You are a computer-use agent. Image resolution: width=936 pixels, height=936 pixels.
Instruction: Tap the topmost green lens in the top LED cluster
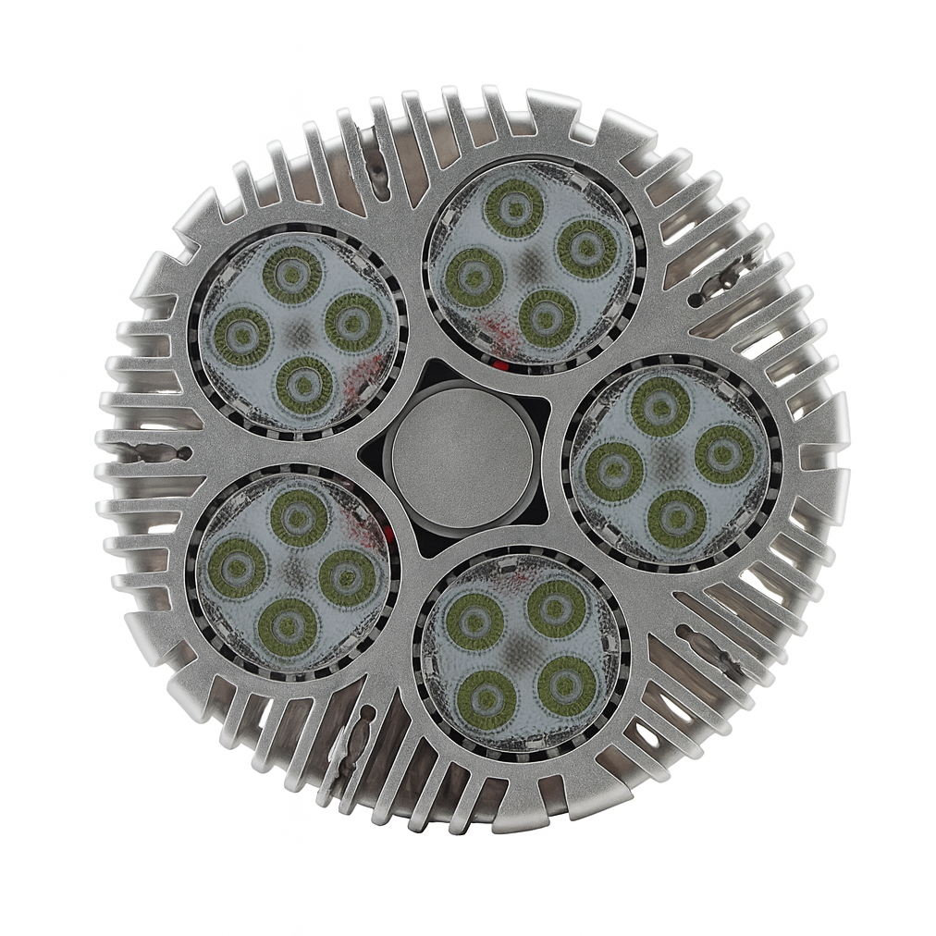click(513, 208)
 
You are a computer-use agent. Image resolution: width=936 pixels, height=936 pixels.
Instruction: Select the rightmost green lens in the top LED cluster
click(587, 247)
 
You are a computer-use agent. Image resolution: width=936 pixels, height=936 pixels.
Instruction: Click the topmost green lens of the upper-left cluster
click(292, 274)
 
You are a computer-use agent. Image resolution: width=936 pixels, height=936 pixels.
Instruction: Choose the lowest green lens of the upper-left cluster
click(304, 385)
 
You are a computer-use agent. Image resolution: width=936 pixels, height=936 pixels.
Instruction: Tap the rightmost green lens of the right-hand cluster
click(724, 454)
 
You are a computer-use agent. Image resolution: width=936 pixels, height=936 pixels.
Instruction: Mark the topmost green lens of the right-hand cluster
click(659, 406)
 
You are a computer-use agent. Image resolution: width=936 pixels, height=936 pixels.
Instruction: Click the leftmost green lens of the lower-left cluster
click(236, 568)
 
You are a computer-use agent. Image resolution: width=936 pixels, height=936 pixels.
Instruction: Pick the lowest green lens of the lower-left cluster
click(287, 627)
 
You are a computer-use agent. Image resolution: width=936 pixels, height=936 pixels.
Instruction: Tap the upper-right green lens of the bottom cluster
click(556, 608)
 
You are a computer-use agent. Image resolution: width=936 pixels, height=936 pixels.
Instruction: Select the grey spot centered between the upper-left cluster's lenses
click(299, 330)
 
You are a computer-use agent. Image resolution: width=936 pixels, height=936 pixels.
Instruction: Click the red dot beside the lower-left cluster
click(387, 535)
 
